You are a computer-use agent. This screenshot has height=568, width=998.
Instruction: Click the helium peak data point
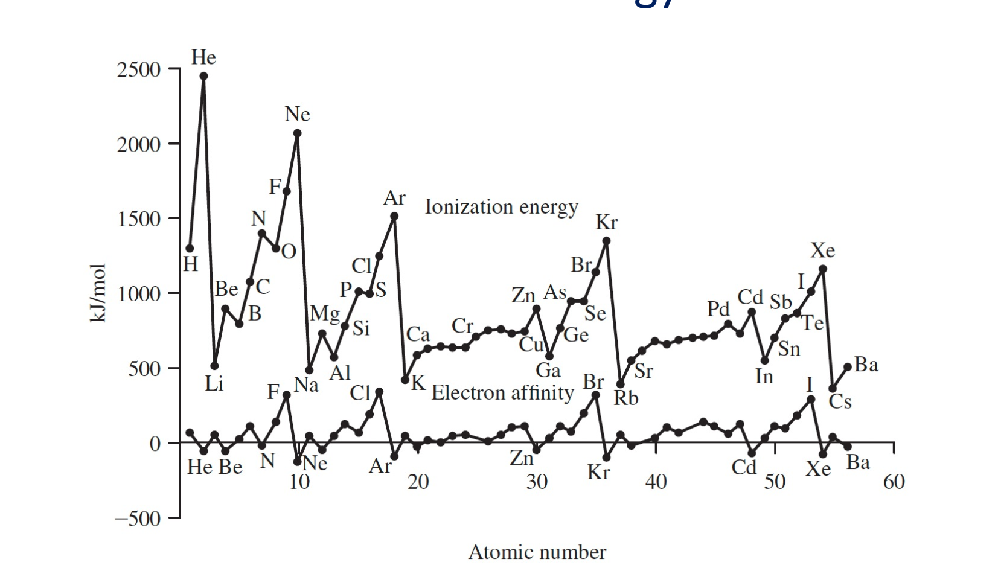[x=203, y=77]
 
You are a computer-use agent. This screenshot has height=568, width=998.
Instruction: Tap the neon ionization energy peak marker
[x=297, y=133]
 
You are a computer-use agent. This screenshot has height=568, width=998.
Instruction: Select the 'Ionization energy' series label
[x=501, y=207]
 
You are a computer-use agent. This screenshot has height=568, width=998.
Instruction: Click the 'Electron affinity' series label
[x=502, y=393]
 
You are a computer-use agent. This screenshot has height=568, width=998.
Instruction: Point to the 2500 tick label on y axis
[x=139, y=70]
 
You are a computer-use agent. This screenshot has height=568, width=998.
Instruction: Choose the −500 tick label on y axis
[x=138, y=519]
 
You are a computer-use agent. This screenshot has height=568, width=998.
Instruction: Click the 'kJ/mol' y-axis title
[x=98, y=293]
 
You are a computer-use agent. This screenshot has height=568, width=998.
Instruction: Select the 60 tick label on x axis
[x=894, y=482]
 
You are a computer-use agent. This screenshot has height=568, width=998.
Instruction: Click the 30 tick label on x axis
[x=536, y=482]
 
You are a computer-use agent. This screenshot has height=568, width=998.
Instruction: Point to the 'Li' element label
[x=214, y=383]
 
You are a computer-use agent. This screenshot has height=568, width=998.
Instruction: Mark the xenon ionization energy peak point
[x=822, y=269]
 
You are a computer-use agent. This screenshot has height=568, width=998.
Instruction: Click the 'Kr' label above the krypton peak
[x=606, y=223]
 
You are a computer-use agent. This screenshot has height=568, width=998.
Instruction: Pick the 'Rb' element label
[x=626, y=398]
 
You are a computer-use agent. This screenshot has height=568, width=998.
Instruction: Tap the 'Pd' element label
[x=718, y=309]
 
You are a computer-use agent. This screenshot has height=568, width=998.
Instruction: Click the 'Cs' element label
[x=840, y=402]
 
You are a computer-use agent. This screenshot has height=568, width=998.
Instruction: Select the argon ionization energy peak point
[x=394, y=216]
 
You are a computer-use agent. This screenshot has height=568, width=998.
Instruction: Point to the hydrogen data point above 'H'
[x=190, y=248]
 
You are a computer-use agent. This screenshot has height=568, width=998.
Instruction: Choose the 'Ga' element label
[x=548, y=371]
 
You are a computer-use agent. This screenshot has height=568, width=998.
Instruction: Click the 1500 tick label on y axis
[x=139, y=219]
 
